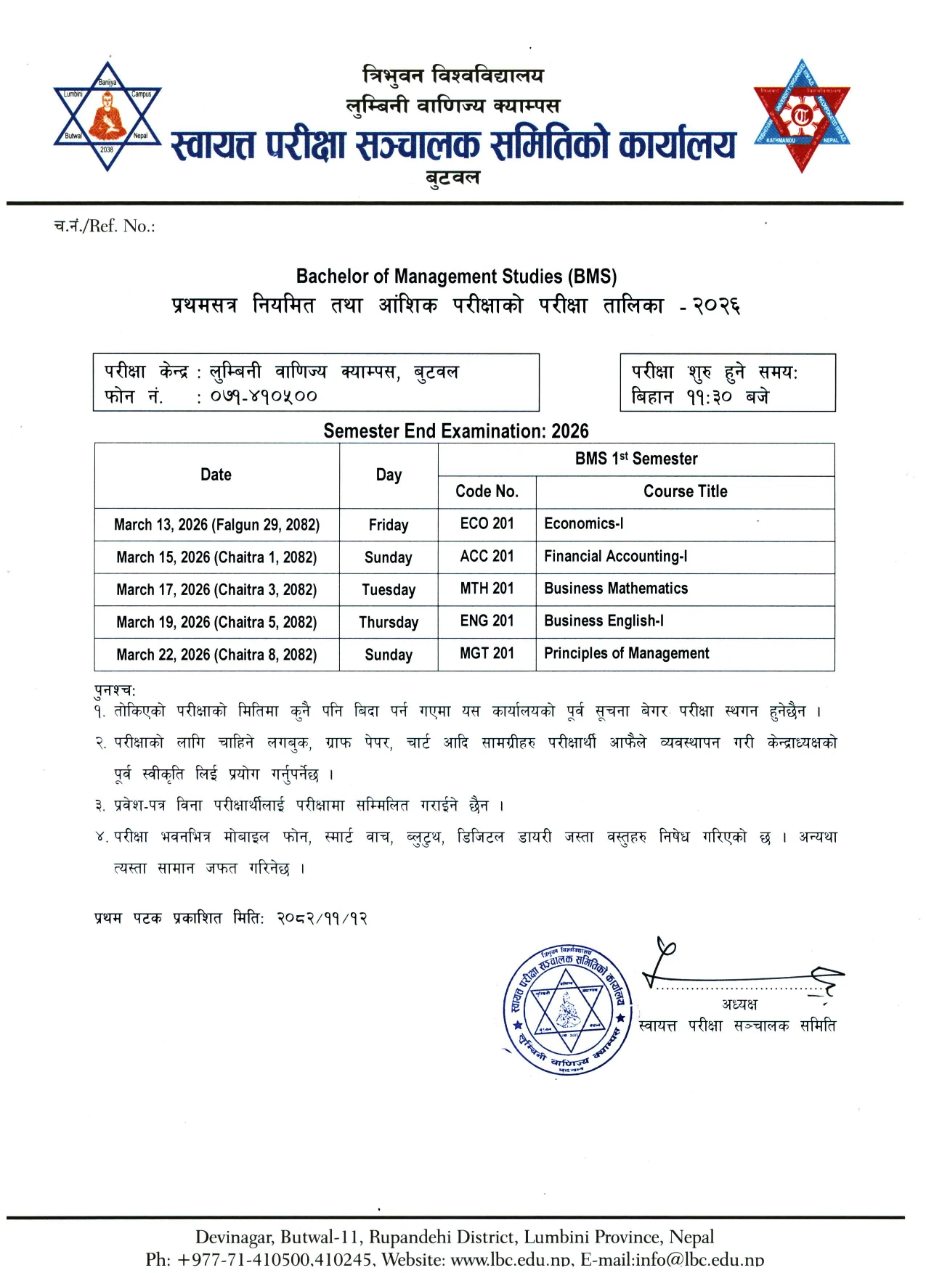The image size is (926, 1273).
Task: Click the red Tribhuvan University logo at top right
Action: [801, 116]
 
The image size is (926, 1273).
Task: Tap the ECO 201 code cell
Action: [487, 524]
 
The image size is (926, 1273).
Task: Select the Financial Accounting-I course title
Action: [615, 557]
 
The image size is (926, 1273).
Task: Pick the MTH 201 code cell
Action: [487, 589]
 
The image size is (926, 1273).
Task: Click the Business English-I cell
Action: [604, 621]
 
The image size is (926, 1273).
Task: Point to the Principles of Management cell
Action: [626, 654]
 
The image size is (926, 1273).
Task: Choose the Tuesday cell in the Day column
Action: [389, 590]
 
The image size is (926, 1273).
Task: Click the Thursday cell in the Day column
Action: [389, 623]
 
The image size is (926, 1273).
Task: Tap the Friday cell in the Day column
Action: [389, 525]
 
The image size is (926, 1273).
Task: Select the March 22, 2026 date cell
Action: [216, 655]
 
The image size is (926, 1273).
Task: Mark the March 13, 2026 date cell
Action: [216, 525]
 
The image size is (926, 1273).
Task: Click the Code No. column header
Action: [487, 492]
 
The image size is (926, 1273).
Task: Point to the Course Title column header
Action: [685, 492]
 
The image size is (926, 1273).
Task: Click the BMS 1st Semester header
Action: [636, 459]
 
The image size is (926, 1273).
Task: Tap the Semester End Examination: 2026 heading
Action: [456, 431]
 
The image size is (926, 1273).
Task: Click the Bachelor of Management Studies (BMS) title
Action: [456, 277]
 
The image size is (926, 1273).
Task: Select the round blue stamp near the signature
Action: [566, 1011]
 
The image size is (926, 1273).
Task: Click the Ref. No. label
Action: [105, 226]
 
